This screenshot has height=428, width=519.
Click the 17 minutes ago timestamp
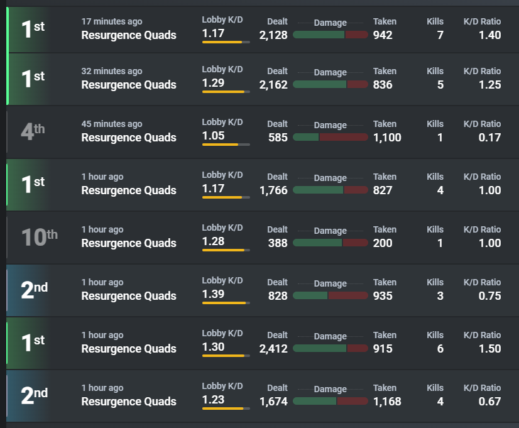click(112, 21)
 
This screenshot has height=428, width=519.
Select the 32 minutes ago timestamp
click(112, 71)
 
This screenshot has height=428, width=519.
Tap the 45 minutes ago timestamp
click(112, 124)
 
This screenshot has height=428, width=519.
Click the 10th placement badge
click(40, 237)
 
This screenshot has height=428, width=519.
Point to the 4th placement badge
click(33, 131)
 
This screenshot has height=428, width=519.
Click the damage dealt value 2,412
click(273, 349)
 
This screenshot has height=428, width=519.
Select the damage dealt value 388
click(278, 243)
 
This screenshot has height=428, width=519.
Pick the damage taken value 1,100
click(387, 138)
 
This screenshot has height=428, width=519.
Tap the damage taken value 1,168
click(387, 401)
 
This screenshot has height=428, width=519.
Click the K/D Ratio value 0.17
click(489, 138)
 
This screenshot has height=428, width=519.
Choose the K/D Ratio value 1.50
click(490, 349)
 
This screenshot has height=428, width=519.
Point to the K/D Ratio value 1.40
click(490, 35)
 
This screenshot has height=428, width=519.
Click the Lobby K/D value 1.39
click(214, 294)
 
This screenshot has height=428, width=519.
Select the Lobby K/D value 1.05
click(214, 136)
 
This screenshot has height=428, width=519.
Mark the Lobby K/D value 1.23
click(214, 400)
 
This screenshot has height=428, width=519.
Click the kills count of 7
click(440, 35)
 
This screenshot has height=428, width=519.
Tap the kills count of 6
click(440, 349)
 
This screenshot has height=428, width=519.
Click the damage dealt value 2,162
click(273, 85)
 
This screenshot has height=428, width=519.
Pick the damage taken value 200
click(383, 243)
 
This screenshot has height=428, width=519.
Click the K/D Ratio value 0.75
click(489, 295)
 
